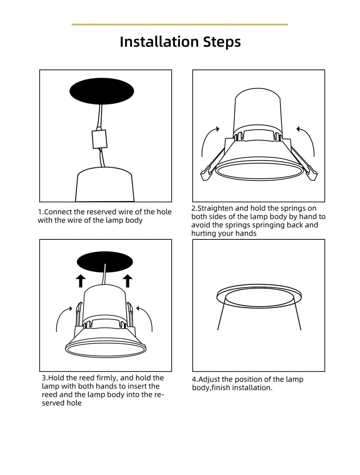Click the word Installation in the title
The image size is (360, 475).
(159, 42)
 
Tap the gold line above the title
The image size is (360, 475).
(180, 24)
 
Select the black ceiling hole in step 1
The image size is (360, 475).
(102, 91)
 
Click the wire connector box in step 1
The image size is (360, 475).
(99, 139)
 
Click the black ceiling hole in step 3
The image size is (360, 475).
(105, 262)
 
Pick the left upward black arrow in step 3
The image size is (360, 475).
(81, 281)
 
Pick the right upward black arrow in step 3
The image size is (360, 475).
(128, 281)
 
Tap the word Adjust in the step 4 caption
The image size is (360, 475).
(209, 379)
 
